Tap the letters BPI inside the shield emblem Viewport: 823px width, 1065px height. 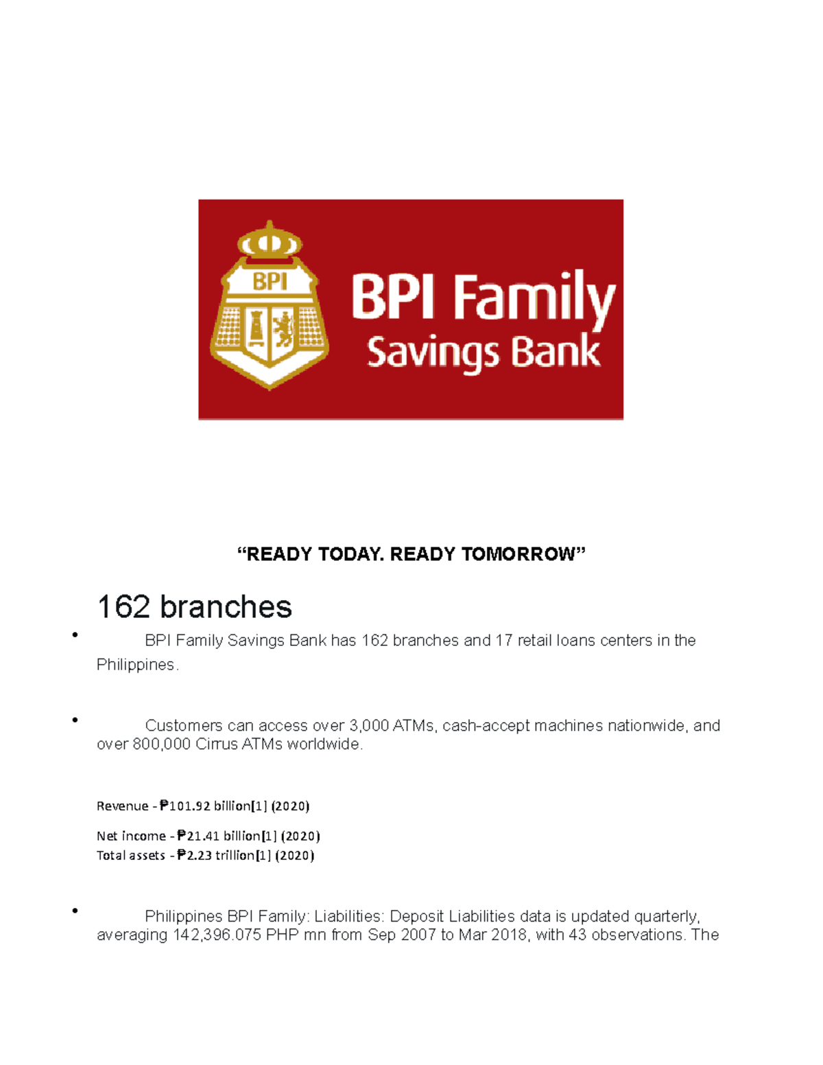[x=270, y=282]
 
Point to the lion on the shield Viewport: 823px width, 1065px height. [x=284, y=328]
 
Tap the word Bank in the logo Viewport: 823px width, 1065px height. [x=556, y=351]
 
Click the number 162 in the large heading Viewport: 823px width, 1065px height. [x=123, y=607]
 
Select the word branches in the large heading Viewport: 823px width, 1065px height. [x=226, y=607]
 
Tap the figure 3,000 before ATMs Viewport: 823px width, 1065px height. [x=368, y=726]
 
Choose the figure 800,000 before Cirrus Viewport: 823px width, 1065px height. [x=161, y=744]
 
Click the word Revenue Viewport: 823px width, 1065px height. [x=122, y=806]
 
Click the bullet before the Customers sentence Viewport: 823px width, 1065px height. [x=74, y=720]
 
